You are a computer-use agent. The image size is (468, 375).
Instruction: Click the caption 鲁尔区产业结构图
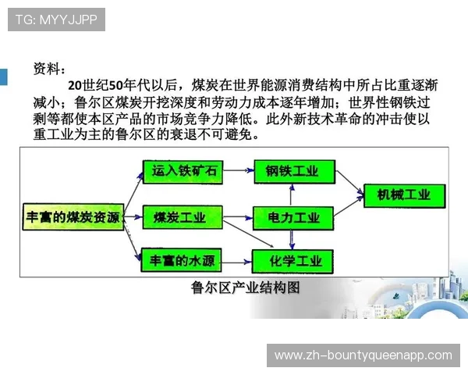click(x=245, y=287)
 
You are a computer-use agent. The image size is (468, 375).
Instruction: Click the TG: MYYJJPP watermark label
click(x=56, y=20)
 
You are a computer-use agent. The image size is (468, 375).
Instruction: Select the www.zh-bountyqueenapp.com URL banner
click(x=363, y=355)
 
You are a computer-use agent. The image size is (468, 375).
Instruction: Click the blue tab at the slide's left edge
click(x=3, y=77)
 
